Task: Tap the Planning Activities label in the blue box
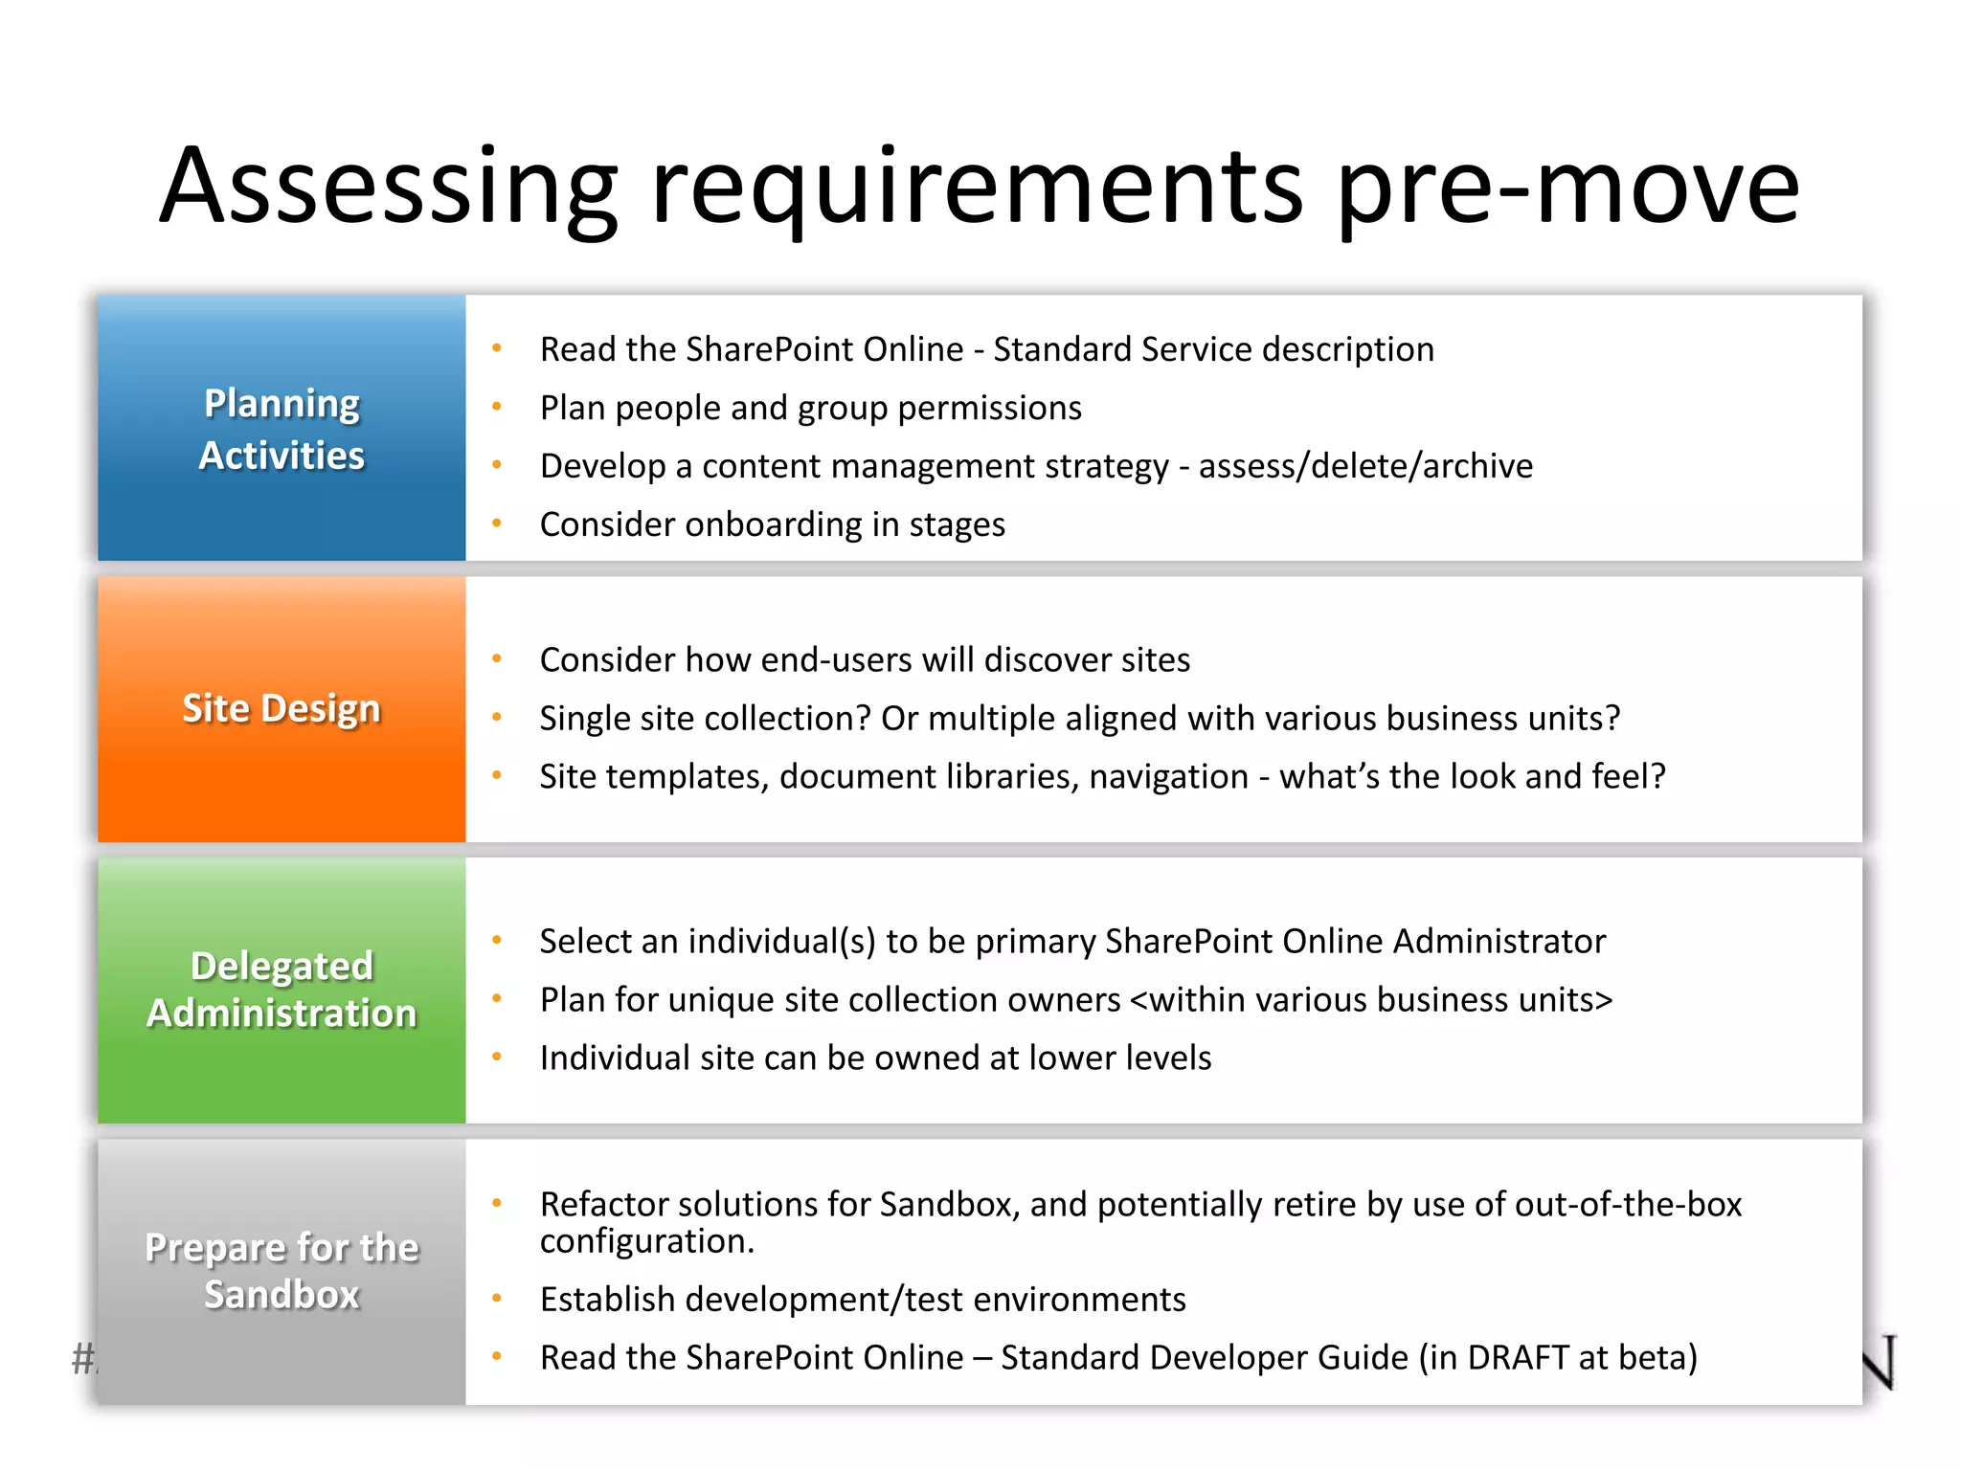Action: (x=282, y=429)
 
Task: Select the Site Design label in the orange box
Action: (x=282, y=708)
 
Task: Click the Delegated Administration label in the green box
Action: (x=282, y=990)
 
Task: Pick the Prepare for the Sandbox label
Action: (x=282, y=1271)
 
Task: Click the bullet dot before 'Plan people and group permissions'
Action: (x=497, y=408)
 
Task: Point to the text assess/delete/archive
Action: (x=1365, y=466)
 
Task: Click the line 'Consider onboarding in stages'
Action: (x=772, y=524)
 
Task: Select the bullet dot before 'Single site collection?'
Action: (x=497, y=718)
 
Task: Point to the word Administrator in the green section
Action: (x=1499, y=942)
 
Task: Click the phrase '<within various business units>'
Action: (x=1371, y=1000)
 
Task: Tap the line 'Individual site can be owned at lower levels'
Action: (x=875, y=1058)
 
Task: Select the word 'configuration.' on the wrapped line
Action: (x=647, y=1241)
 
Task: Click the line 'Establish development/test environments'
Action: (x=863, y=1300)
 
